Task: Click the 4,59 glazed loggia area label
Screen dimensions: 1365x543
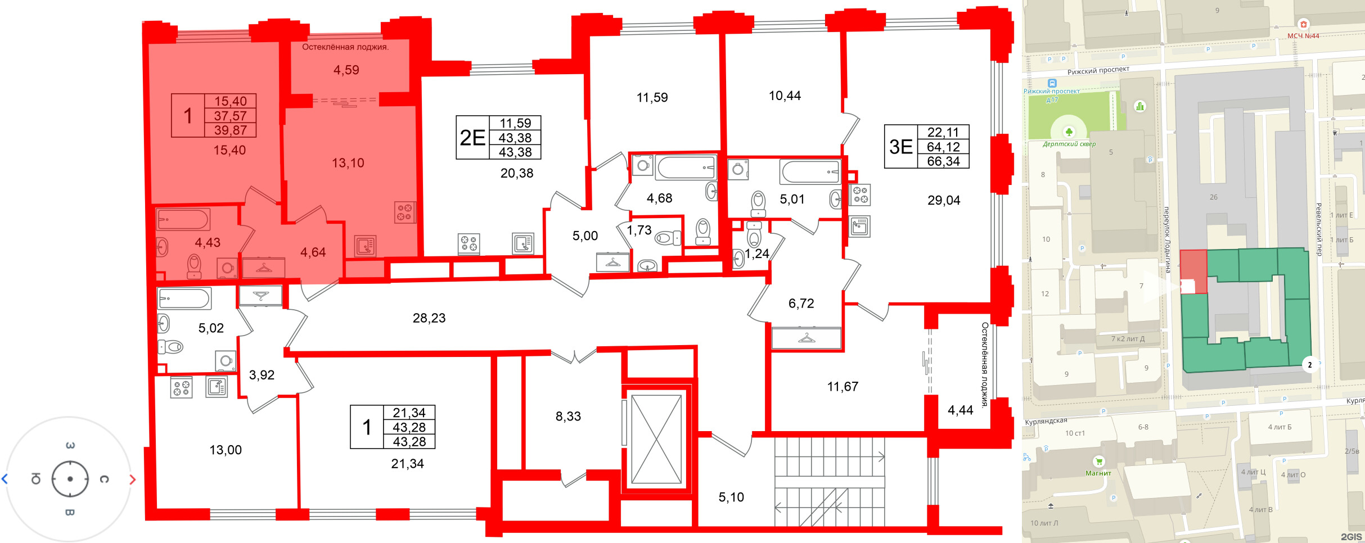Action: tap(346, 70)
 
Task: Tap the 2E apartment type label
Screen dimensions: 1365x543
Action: tap(472, 138)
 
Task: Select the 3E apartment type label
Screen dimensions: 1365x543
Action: tap(900, 147)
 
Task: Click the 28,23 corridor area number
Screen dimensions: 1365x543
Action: tap(429, 318)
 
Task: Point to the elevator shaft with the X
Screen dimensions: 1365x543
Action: tap(656, 439)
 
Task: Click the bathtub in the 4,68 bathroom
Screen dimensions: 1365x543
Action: tap(686, 168)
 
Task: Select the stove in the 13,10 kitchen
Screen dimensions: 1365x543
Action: tap(405, 212)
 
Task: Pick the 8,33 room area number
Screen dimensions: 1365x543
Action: tap(568, 417)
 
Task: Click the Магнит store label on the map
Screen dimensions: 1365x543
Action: tap(1098, 473)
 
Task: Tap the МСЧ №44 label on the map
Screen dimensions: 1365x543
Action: tap(1303, 36)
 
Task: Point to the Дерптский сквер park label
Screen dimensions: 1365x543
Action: tap(1069, 144)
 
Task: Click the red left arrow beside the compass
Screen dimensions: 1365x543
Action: tap(133, 479)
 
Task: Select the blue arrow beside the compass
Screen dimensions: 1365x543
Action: tap(4, 479)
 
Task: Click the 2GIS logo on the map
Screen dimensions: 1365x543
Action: tap(1352, 537)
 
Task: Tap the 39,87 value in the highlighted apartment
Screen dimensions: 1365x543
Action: tap(230, 130)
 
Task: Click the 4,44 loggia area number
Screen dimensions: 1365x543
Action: tap(960, 410)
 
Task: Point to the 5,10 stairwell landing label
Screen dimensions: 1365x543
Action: tap(731, 497)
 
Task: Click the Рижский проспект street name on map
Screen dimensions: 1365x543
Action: tap(1098, 70)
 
